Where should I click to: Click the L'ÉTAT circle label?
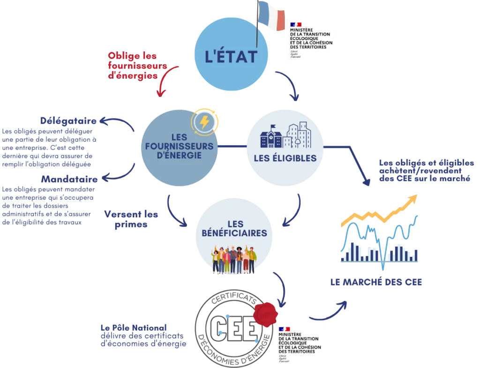click(x=232, y=57)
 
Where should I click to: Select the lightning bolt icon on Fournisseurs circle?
click(x=205, y=122)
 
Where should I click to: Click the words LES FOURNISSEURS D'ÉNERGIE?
click(x=179, y=146)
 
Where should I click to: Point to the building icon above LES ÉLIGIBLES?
click(x=285, y=135)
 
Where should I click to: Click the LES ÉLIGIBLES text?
click(x=285, y=158)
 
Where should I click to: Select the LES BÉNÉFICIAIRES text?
click(x=234, y=228)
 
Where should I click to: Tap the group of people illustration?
click(x=234, y=259)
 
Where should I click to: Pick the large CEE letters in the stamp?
click(x=233, y=329)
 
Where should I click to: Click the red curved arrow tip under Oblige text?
click(x=160, y=94)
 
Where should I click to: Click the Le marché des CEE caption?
click(x=376, y=283)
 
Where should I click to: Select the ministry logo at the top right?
click(x=313, y=39)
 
